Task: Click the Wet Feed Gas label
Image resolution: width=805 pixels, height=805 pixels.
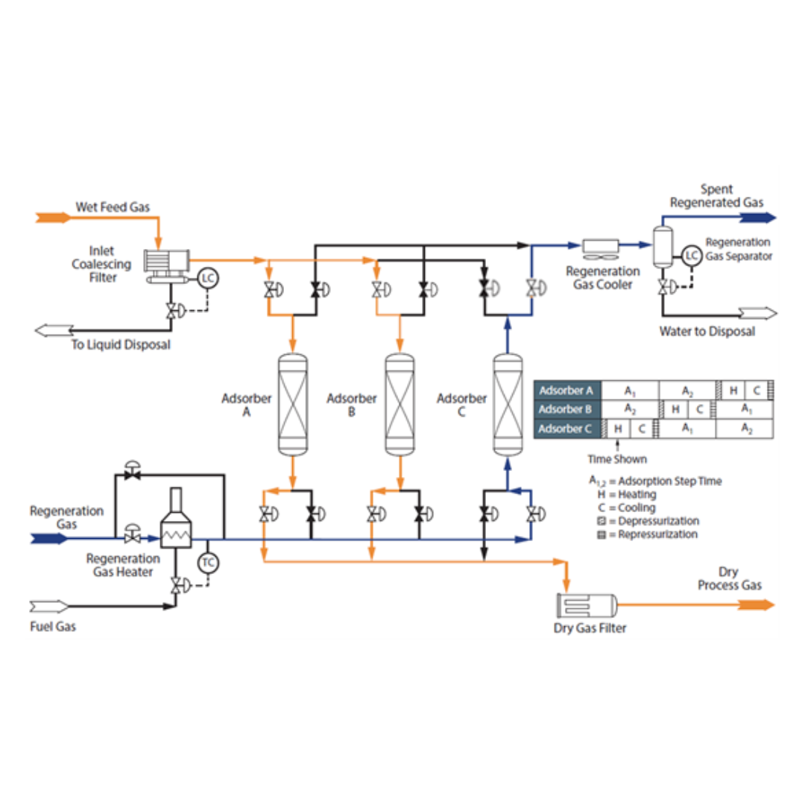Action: pos(113,206)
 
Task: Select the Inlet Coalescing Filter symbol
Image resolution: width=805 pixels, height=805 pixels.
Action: pos(166,265)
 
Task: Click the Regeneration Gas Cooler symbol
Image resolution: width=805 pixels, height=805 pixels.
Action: pos(600,245)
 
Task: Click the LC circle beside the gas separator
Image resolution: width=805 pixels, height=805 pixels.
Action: pos(692,256)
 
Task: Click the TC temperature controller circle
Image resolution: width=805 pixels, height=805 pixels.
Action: pos(208,563)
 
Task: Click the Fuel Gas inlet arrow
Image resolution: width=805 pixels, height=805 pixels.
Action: pos(49,605)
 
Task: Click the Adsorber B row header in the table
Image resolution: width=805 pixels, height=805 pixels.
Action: pos(566,409)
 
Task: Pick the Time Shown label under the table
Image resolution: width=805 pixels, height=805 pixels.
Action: pos(616,459)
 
